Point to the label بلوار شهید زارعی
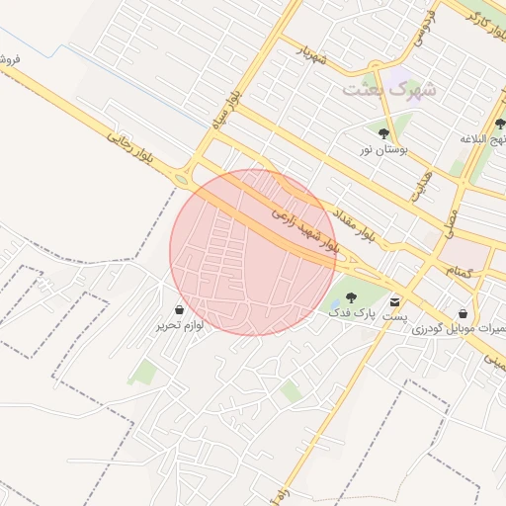pyautogui.click(x=303, y=229)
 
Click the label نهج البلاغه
pyautogui.click(x=483, y=139)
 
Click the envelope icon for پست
pyautogui.click(x=396, y=301)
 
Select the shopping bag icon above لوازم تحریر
pyautogui.click(x=179, y=309)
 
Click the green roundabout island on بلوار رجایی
pyautogui.click(x=182, y=179)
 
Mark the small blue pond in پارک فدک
pyautogui.click(x=336, y=302)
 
